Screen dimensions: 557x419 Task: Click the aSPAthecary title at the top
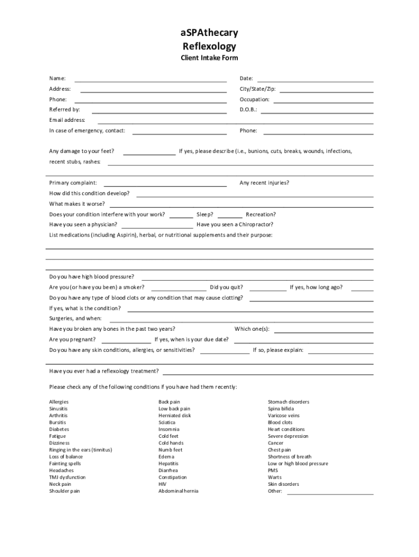click(209, 33)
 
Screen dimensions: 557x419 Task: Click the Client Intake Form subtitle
click(209, 58)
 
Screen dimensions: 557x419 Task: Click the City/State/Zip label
click(257, 89)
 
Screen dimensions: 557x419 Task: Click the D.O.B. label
click(248, 110)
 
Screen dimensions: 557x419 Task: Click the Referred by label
click(64, 110)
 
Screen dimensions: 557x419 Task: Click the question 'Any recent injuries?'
click(264, 183)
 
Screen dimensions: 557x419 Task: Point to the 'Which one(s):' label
click(252, 329)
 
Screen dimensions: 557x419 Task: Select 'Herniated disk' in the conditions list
click(175, 416)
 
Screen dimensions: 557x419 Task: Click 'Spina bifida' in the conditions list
click(281, 409)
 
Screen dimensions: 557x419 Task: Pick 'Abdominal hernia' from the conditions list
click(178, 491)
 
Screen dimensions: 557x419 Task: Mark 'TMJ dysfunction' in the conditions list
click(67, 478)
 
